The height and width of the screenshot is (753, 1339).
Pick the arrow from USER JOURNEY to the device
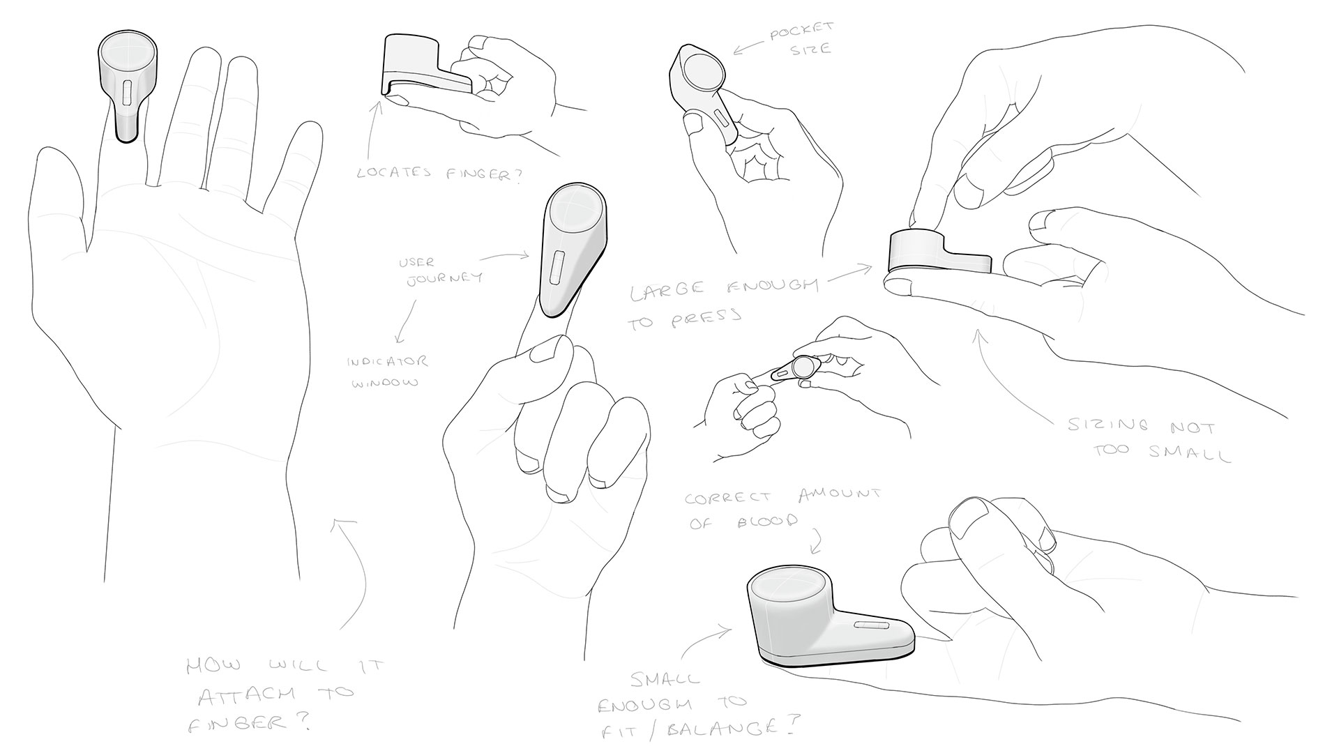(504, 257)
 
